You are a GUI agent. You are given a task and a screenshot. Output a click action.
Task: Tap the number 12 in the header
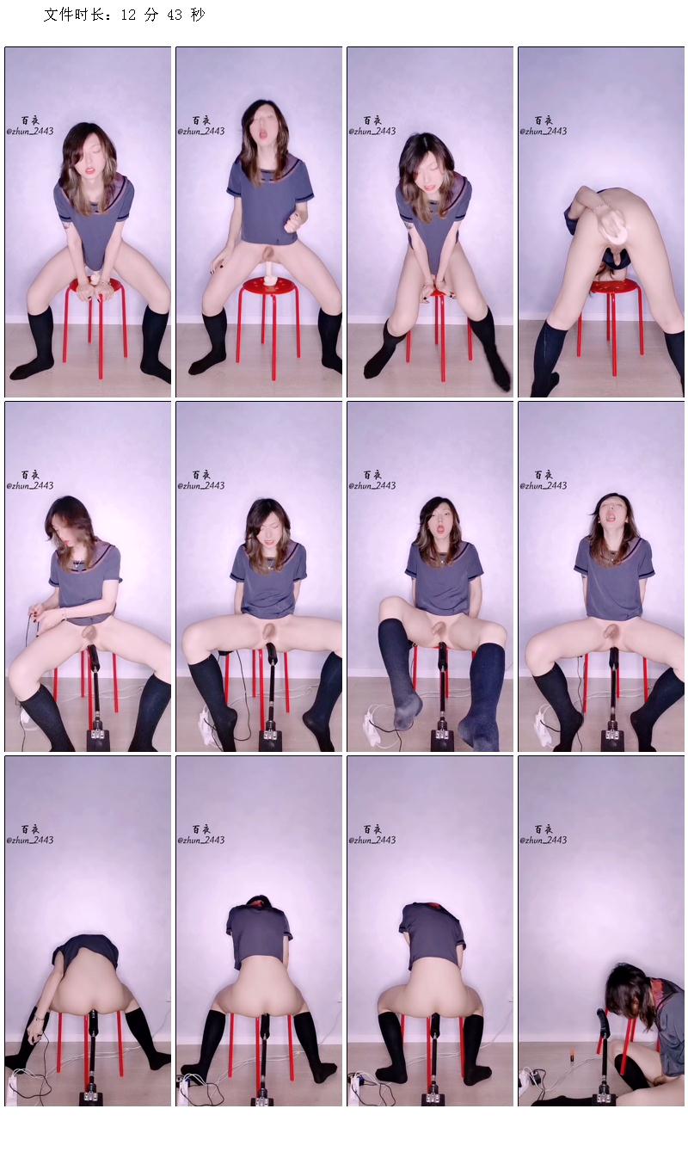(127, 15)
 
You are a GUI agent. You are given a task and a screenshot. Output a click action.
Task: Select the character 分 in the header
(151, 15)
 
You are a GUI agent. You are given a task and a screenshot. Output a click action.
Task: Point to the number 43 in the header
(175, 15)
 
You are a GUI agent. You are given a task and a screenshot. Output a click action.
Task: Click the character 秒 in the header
(198, 15)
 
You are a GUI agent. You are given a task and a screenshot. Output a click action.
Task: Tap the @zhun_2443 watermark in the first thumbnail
(30, 132)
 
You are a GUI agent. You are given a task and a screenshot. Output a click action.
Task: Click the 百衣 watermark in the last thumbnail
(544, 828)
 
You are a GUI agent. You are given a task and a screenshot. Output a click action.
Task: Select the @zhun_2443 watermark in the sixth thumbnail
(201, 485)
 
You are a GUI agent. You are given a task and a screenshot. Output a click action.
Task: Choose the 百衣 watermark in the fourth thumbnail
(544, 120)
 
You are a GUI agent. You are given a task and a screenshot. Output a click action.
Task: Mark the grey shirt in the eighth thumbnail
(614, 570)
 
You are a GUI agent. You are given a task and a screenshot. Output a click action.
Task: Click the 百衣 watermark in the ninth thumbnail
(30, 828)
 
